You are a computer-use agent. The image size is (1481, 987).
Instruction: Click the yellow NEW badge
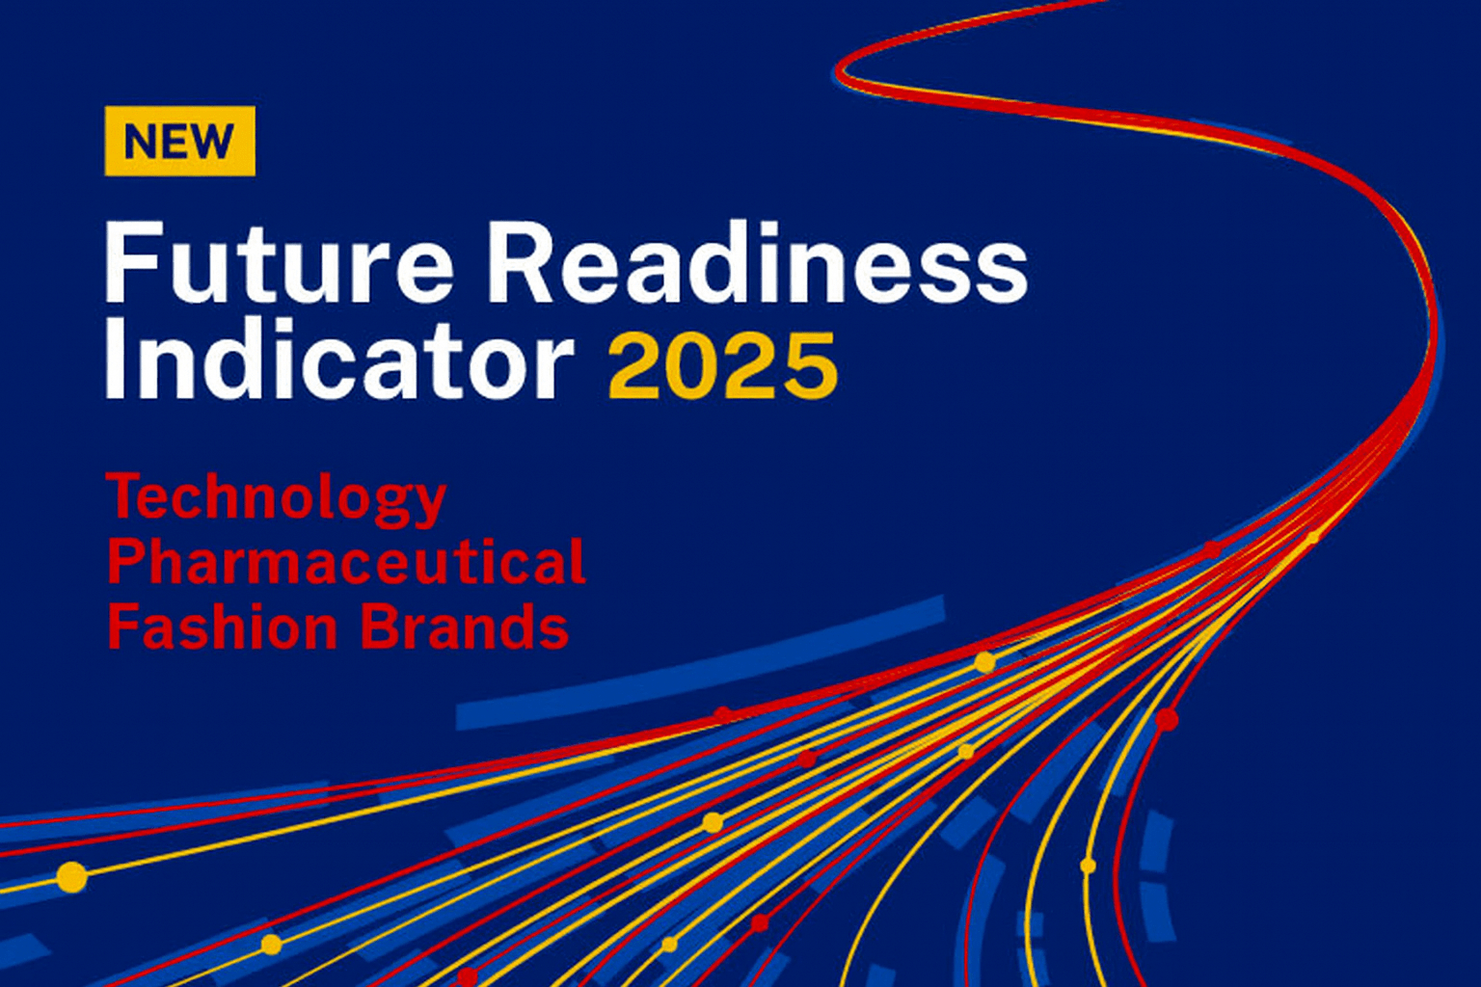tap(179, 141)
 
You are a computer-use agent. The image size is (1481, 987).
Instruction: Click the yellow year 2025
tap(723, 366)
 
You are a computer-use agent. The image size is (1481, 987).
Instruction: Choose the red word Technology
tap(276, 499)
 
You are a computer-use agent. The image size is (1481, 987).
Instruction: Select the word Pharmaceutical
tap(345, 563)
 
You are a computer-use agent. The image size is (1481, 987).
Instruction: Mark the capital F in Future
tap(129, 262)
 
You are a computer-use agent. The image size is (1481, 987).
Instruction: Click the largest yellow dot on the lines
tap(71, 877)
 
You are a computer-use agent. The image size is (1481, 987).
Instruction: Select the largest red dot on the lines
tap(1167, 719)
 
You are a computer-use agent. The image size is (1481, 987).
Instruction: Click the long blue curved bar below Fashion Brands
tap(700, 665)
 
